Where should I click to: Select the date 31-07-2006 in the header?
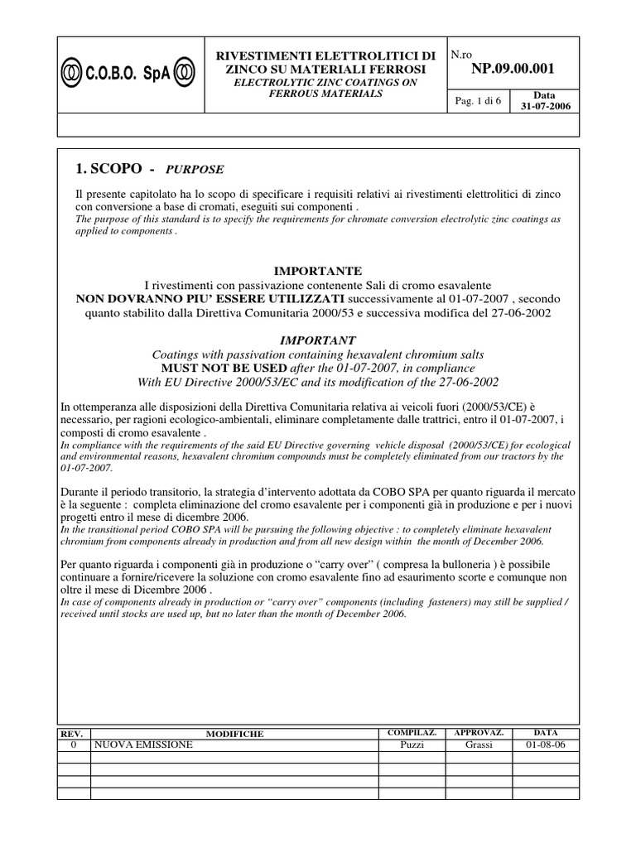pos(539,107)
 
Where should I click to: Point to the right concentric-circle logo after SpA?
pos(185,73)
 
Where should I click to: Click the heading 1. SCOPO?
pos(108,168)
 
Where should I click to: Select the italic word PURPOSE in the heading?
pos(195,169)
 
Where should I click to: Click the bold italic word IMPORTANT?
pos(318,340)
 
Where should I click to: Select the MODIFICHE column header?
pos(235,734)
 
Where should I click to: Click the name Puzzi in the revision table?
pos(412,745)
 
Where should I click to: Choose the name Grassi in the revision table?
pos(479,745)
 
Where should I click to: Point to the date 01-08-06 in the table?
pos(546,745)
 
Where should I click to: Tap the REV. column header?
pos(74,734)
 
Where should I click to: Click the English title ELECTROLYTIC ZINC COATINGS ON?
pos(325,83)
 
